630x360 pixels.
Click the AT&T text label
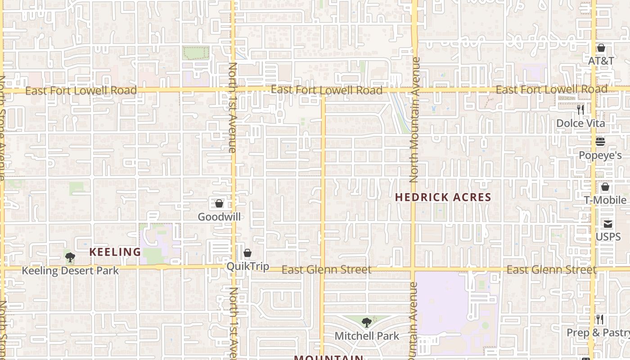pyautogui.click(x=601, y=60)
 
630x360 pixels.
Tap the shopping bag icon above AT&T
pyautogui.click(x=601, y=48)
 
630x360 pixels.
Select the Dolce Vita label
pyautogui.click(x=580, y=123)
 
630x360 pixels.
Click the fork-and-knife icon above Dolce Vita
pyautogui.click(x=580, y=109)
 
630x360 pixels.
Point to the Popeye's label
pyautogui.click(x=600, y=155)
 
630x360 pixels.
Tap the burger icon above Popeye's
pyautogui.click(x=600, y=142)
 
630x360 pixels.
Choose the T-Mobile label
pyautogui.click(x=605, y=200)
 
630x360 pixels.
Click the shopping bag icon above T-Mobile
pyautogui.click(x=605, y=187)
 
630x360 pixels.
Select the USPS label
pyautogui.click(x=608, y=237)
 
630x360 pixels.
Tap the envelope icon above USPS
pyautogui.click(x=608, y=224)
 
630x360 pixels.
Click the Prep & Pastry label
pyautogui.click(x=598, y=333)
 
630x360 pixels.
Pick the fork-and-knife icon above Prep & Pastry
pyautogui.click(x=600, y=319)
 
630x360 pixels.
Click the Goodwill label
pyautogui.click(x=219, y=216)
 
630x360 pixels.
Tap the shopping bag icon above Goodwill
pyautogui.click(x=219, y=203)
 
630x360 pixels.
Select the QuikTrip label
pyautogui.click(x=247, y=266)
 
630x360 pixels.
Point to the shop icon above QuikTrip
pyautogui.click(x=247, y=253)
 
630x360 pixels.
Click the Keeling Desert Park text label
pyautogui.click(x=70, y=270)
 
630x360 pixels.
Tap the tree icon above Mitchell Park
pyautogui.click(x=367, y=322)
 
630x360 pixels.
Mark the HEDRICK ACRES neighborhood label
pyautogui.click(x=443, y=197)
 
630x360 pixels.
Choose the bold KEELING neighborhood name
pyautogui.click(x=115, y=252)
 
